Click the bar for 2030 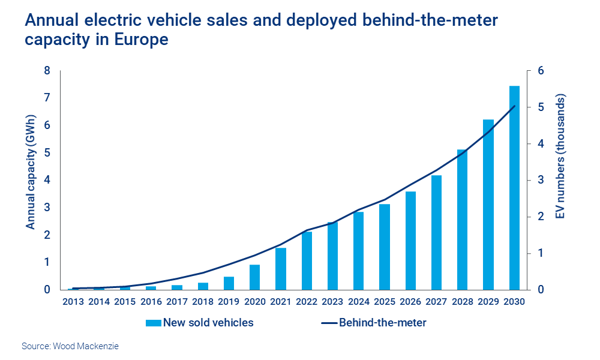tap(514, 188)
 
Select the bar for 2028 tap(462, 220)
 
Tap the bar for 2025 tap(384, 247)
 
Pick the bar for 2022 tap(307, 260)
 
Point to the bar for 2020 tap(255, 277)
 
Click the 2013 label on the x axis tap(74, 301)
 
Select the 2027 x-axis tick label tap(436, 301)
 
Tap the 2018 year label tap(203, 301)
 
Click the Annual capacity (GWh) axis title tap(30, 180)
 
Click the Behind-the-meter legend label tap(382, 323)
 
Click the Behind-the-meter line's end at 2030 tap(515, 106)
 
